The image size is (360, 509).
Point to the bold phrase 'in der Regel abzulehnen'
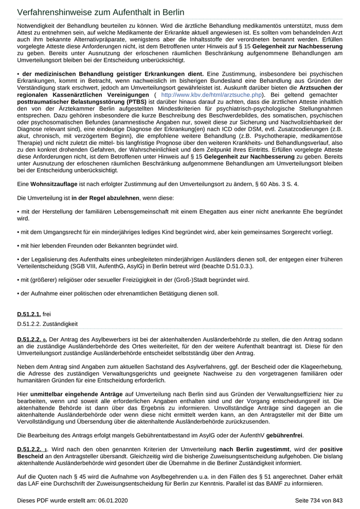100,198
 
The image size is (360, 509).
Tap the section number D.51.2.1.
29,314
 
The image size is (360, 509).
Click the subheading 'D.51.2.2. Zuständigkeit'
48,324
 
